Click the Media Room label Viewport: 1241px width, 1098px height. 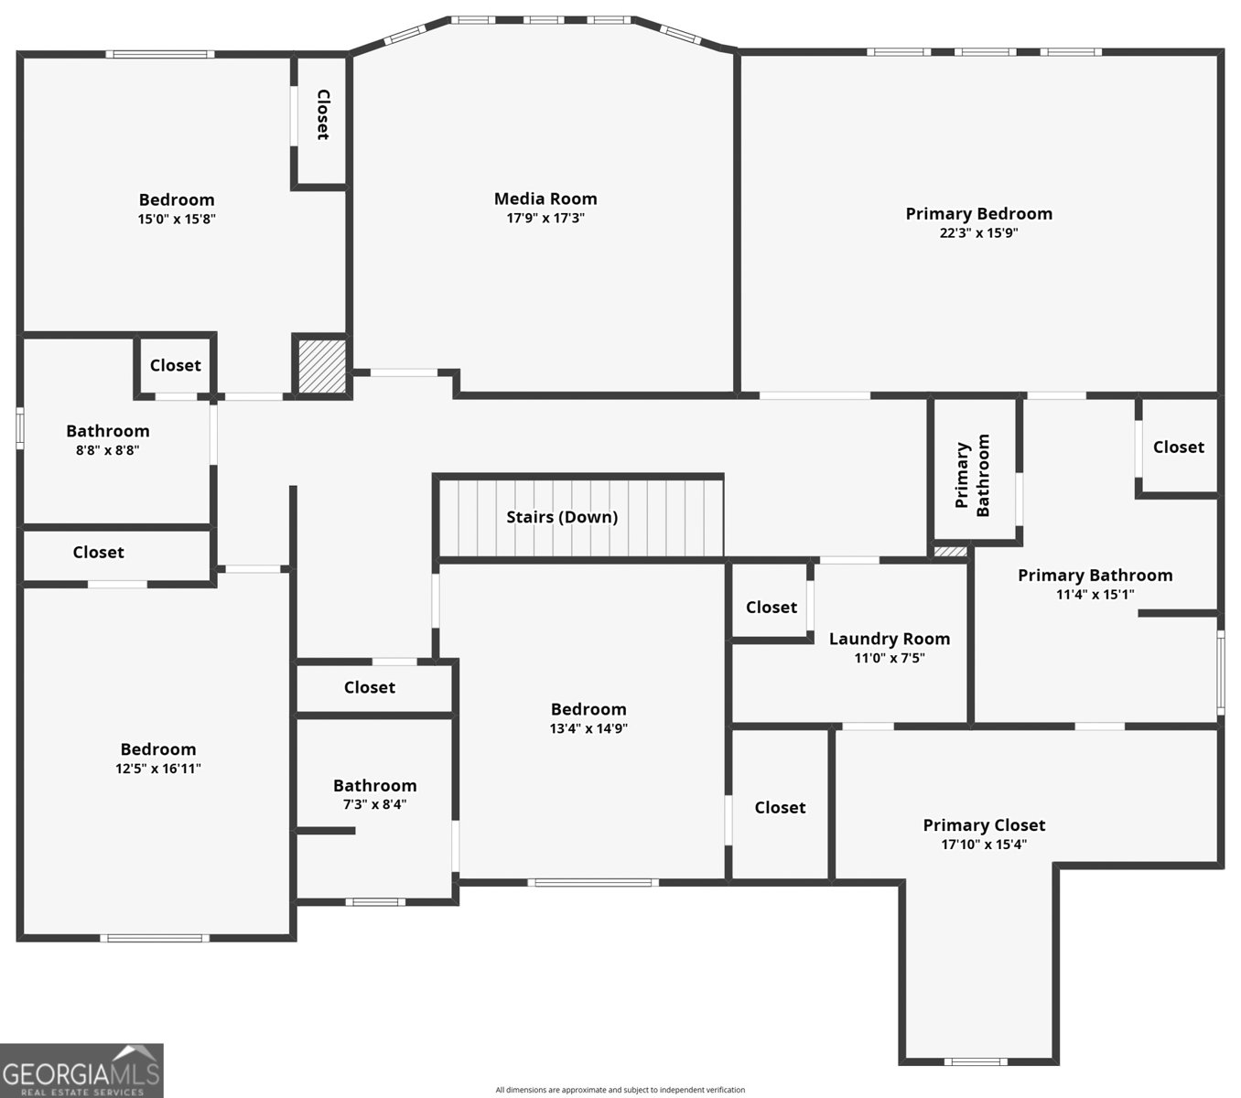(x=545, y=199)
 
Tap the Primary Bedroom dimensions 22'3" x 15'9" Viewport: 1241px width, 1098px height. (x=978, y=233)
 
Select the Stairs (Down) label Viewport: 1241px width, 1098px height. (x=562, y=517)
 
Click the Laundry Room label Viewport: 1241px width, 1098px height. (x=889, y=639)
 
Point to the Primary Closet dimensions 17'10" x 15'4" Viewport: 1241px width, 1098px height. (x=984, y=845)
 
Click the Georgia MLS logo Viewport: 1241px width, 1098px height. (x=81, y=1070)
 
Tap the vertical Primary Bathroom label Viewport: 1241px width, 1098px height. (x=973, y=475)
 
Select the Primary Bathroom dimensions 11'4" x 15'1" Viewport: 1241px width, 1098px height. (x=1095, y=595)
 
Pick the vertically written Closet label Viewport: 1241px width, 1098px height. (x=322, y=114)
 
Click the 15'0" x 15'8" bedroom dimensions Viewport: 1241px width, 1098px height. (x=177, y=220)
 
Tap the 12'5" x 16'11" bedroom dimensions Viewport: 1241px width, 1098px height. (x=158, y=770)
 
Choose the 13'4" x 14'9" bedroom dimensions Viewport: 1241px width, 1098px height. (x=588, y=729)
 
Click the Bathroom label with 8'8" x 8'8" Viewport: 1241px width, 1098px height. (x=107, y=431)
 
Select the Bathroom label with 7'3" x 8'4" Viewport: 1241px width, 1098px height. (x=374, y=785)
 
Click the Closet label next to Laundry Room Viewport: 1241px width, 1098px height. (x=771, y=608)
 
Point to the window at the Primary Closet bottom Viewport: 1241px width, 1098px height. (x=976, y=1061)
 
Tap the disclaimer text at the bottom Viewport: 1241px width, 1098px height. (x=620, y=1090)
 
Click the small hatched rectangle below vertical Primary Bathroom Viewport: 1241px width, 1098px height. (x=950, y=552)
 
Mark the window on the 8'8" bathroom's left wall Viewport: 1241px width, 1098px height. (x=20, y=429)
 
